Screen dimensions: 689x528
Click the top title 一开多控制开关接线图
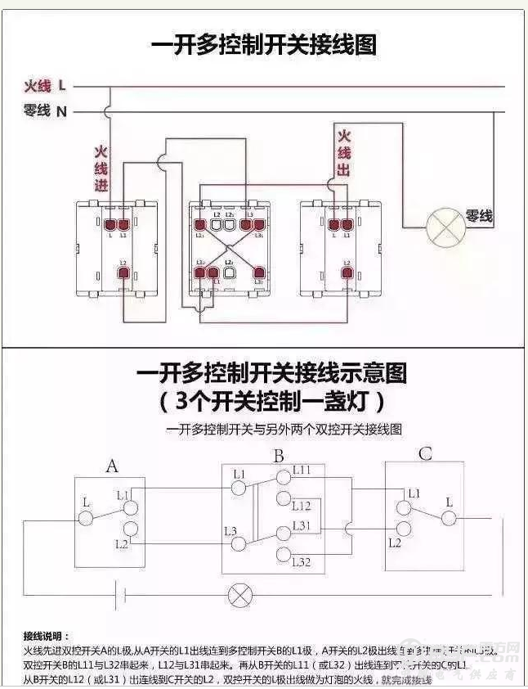(x=264, y=44)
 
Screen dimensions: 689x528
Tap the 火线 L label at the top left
(x=45, y=86)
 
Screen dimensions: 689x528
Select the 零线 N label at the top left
(x=45, y=111)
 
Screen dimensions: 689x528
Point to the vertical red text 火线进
(x=101, y=169)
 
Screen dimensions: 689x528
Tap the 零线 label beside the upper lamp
(x=479, y=216)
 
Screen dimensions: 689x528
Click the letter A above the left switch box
(x=113, y=466)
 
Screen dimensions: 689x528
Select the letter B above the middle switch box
(x=279, y=456)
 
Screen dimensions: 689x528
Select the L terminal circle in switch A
(x=86, y=518)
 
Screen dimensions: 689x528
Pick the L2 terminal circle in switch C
(x=401, y=529)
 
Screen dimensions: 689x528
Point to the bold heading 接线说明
(x=47, y=635)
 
